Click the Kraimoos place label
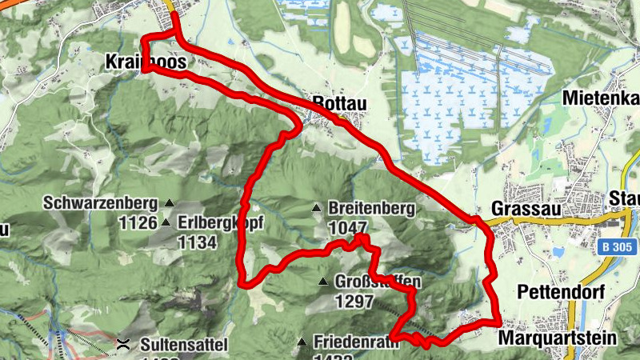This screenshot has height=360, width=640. (x=146, y=62)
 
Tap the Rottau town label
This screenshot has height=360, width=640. (x=340, y=103)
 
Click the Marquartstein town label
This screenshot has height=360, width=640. (x=557, y=338)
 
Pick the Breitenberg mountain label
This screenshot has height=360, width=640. (x=371, y=209)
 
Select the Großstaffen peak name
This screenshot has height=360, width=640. (x=377, y=282)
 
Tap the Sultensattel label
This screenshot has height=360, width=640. (x=183, y=346)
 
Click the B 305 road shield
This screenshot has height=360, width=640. (x=614, y=249)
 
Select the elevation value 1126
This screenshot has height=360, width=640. (x=137, y=222)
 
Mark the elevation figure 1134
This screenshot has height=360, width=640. (x=198, y=241)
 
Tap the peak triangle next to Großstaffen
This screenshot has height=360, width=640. (x=322, y=282)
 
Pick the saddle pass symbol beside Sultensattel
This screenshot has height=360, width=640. (x=124, y=345)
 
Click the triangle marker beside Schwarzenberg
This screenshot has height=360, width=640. (x=170, y=202)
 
